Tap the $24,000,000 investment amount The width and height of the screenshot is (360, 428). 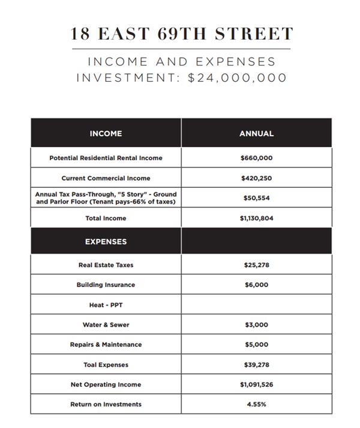[238, 78]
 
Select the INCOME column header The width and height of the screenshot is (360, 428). [106, 133]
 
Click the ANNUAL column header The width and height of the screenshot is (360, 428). [256, 133]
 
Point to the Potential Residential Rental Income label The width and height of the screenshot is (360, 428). [106, 158]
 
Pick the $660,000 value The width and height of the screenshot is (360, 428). [256, 158]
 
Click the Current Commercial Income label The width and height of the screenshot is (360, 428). [106, 178]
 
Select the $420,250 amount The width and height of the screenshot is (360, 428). [256, 178]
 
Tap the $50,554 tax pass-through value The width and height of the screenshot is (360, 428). [256, 197]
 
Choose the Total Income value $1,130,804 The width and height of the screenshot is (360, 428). [256, 219]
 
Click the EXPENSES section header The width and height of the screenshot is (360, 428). [106, 241]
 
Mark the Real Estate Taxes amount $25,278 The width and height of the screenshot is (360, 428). [256, 265]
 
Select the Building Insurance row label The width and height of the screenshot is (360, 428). [106, 285]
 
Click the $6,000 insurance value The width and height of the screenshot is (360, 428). [256, 285]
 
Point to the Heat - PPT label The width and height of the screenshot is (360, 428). [106, 305]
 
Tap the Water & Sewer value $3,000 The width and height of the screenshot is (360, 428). [256, 325]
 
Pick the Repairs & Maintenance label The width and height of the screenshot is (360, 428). [106, 345]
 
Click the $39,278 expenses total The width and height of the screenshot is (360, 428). [256, 365]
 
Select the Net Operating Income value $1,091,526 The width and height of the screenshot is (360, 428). [256, 384]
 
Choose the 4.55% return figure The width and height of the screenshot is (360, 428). [256, 405]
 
